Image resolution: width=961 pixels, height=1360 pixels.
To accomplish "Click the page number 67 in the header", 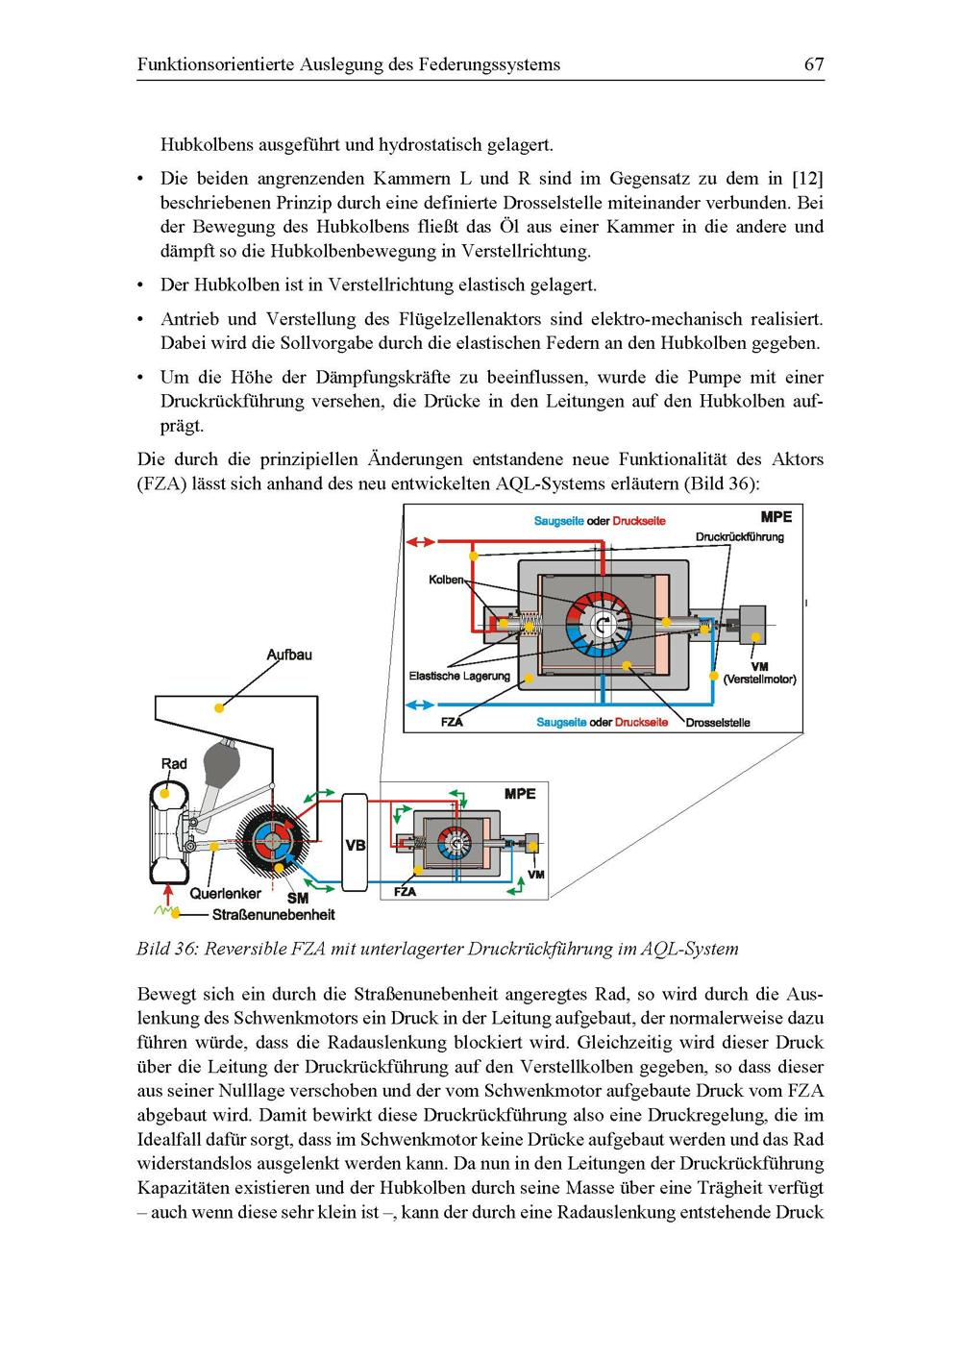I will click(x=813, y=64).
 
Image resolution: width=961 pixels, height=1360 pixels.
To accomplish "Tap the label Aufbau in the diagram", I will click(x=288, y=655).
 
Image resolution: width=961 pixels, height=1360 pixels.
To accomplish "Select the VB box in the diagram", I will click(x=355, y=842).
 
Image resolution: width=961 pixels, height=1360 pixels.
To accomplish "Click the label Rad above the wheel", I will click(x=174, y=763).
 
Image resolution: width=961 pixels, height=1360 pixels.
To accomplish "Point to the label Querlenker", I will click(x=225, y=893).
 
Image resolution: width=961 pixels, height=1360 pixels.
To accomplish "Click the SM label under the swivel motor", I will click(x=298, y=898).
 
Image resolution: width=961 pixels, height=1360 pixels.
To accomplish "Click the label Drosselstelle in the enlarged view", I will click(x=718, y=722).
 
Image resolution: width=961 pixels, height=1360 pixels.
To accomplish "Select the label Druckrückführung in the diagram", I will click(x=739, y=536).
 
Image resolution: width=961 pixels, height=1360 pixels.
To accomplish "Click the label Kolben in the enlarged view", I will click(x=445, y=580).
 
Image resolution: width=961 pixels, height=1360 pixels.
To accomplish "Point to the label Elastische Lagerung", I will click(x=459, y=676).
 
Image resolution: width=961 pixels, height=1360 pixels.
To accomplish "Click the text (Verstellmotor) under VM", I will click(x=759, y=679).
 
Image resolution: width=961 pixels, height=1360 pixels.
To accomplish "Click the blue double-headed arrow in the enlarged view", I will click(x=422, y=705).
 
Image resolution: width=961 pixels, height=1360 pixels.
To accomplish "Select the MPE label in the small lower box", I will click(x=520, y=794).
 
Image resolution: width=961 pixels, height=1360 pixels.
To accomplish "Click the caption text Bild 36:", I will click(x=167, y=949).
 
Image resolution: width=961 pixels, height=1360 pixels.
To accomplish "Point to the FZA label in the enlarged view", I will click(x=452, y=722).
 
